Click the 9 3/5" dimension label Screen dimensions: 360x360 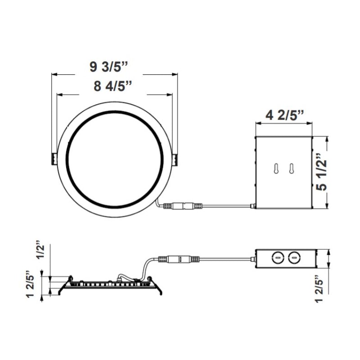[x=109, y=67]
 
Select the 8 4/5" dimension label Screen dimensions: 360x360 [x=113, y=86]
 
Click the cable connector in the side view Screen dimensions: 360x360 [x=179, y=260]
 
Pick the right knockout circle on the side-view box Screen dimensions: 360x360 [x=294, y=257]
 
